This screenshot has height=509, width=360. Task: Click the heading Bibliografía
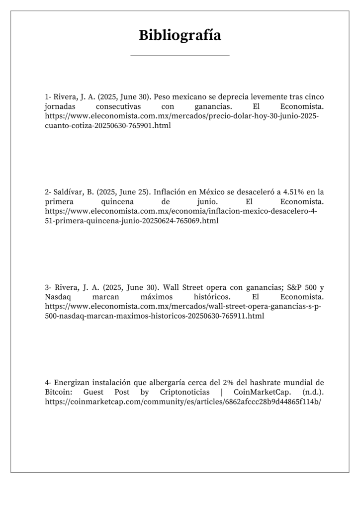click(180, 36)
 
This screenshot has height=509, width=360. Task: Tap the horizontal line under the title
click(180, 56)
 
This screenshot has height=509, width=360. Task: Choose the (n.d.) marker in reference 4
click(312, 392)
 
